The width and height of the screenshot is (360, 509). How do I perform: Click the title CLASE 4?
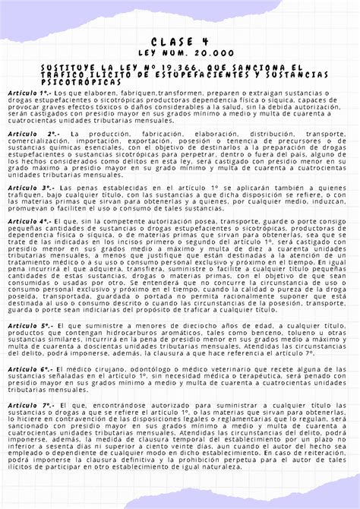[180, 41]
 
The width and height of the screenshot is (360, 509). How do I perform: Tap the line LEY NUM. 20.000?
[180, 54]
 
